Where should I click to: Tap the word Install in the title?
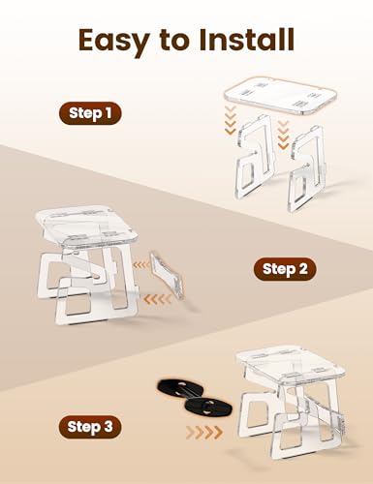tap(246, 40)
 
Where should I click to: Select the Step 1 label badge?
tap(90, 113)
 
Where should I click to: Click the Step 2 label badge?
tap(285, 269)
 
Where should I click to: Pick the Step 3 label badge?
tap(90, 427)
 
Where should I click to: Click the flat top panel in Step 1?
tap(280, 96)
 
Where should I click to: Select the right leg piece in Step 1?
tap(306, 169)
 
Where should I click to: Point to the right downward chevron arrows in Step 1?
tap(283, 135)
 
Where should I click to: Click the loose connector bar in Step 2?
tap(167, 274)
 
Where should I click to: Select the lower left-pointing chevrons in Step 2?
tap(157, 299)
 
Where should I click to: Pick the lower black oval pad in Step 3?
tap(208, 408)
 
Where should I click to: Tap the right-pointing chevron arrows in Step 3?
tap(204, 433)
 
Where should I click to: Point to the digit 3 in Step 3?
tap(108, 426)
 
